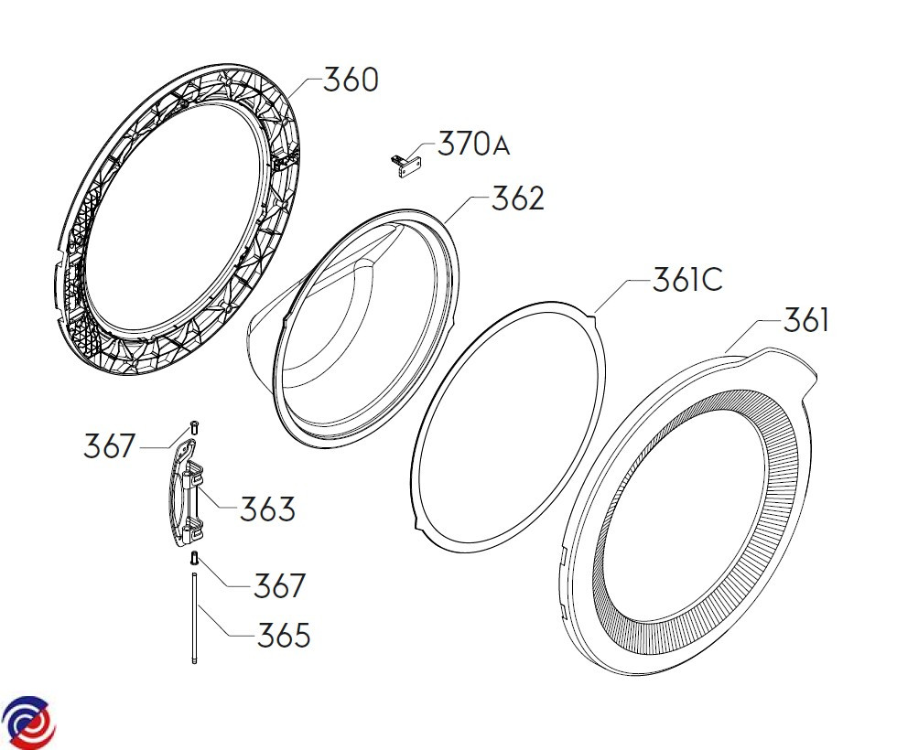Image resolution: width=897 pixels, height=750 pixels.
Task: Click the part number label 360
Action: coord(351,80)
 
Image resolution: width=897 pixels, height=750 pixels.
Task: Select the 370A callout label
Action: coord(474,144)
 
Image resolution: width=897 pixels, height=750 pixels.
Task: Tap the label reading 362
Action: coord(518,198)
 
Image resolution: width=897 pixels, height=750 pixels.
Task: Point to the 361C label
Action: coord(687,280)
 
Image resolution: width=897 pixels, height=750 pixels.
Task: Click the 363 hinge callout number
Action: coord(267,509)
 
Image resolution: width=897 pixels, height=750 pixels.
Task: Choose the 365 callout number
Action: coord(284,635)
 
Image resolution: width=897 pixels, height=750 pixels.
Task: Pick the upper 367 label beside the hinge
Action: coord(110,446)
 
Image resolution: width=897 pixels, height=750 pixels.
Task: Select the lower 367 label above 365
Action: coord(280,585)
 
